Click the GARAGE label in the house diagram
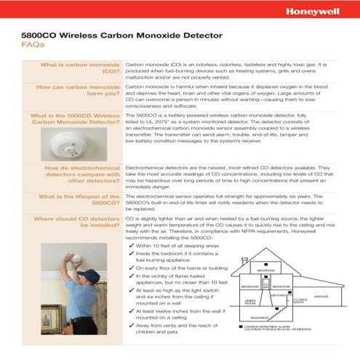click(x=321, y=297)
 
